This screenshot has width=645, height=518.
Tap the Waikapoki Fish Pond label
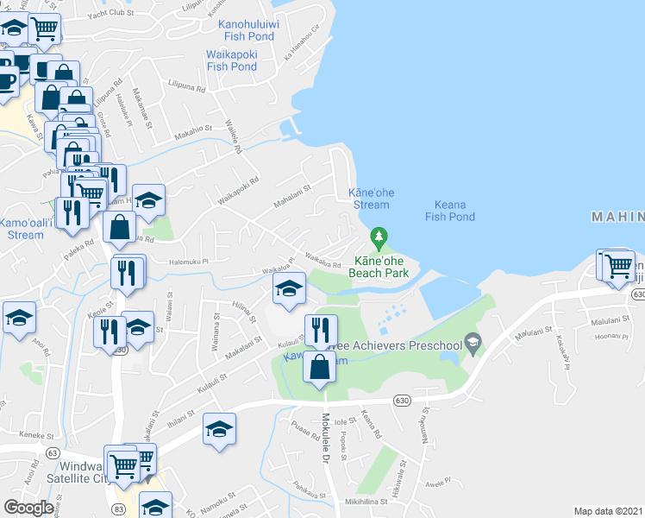231,60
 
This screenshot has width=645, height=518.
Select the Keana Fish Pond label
450,211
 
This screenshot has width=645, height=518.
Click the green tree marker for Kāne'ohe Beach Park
378,236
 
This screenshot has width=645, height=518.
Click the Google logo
28,507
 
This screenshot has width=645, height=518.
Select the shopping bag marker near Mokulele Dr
320,366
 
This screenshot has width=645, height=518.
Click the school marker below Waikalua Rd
289,289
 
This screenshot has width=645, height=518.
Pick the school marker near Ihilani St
220,429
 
